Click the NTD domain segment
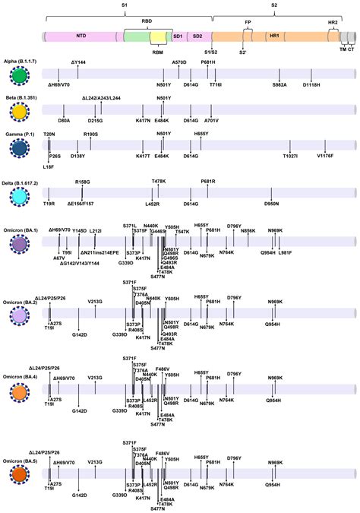tap(80, 36)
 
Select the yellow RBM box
tap(158, 38)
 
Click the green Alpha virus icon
tap(21, 76)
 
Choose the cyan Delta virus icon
tap(21, 196)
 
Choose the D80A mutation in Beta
tap(64, 120)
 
